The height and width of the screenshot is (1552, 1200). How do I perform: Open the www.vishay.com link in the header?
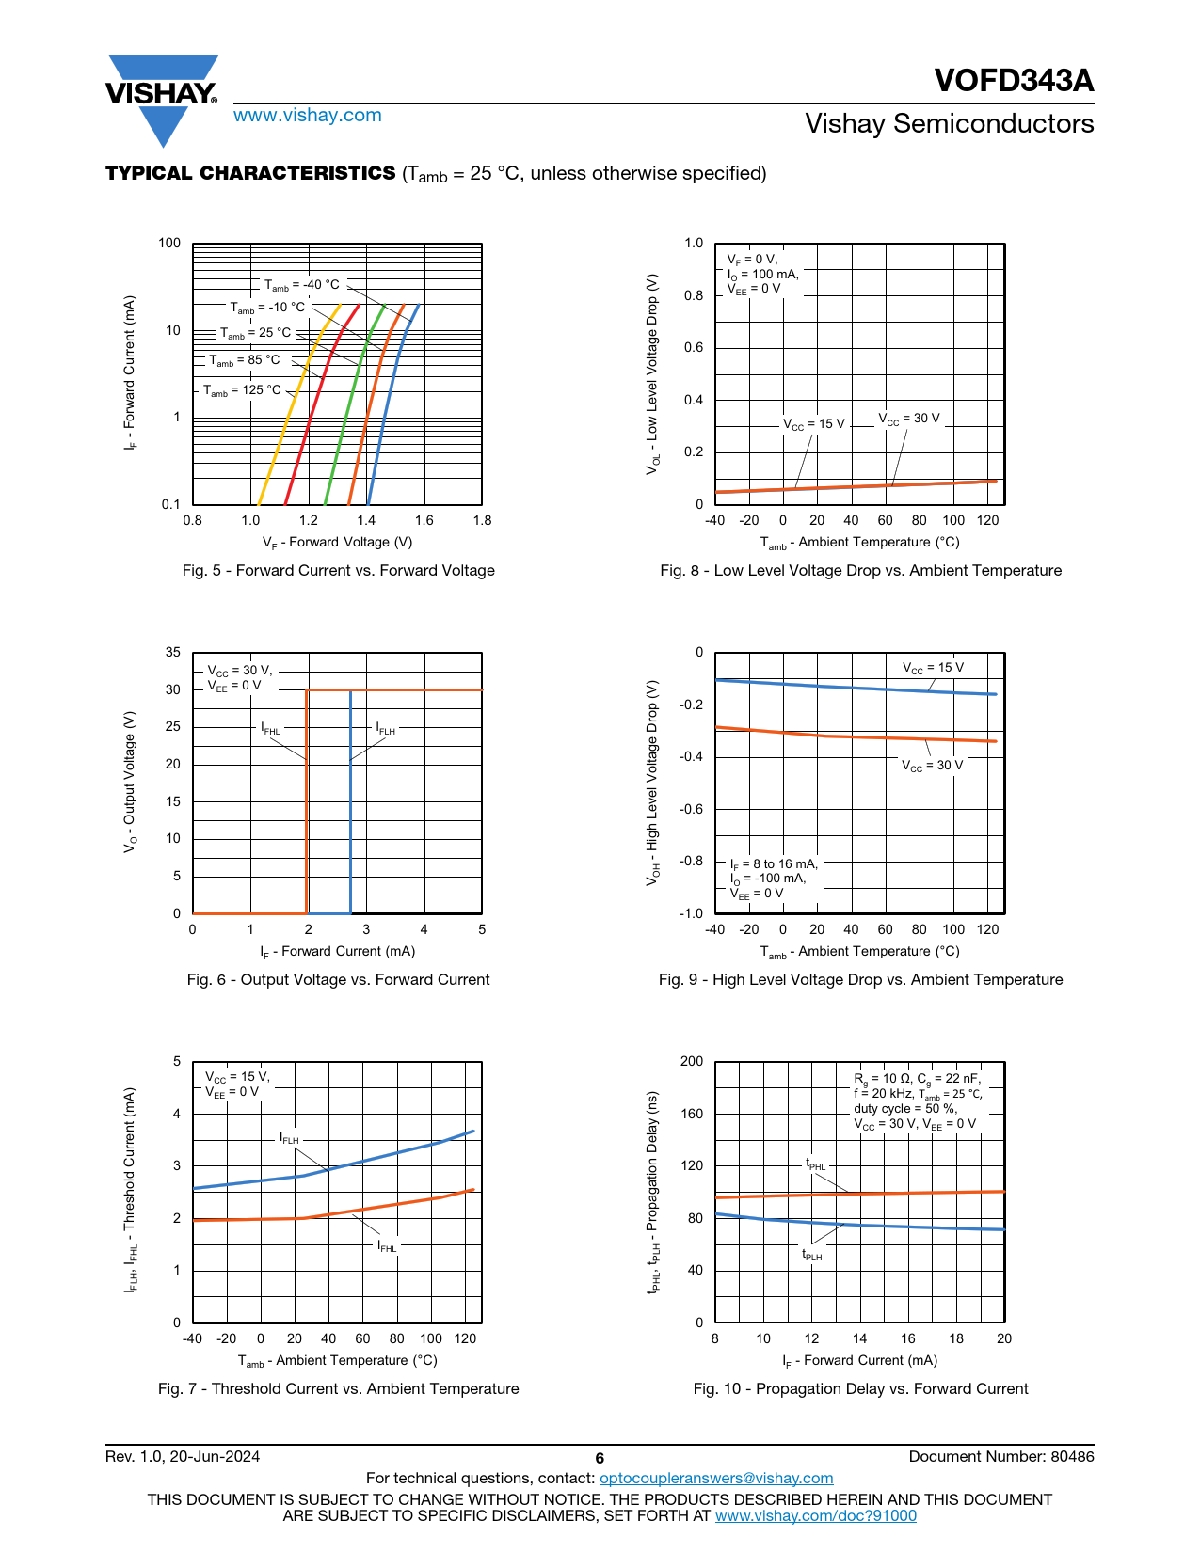point(307,116)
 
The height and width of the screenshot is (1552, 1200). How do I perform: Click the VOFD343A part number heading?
point(1014,81)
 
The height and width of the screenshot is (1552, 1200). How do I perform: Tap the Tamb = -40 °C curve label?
point(301,285)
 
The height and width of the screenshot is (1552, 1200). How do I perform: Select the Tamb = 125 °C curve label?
point(242,390)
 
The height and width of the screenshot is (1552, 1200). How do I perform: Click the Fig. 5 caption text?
point(338,571)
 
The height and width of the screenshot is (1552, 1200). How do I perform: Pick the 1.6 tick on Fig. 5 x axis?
point(424,520)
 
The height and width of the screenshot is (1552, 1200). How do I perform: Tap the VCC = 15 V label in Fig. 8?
point(814,424)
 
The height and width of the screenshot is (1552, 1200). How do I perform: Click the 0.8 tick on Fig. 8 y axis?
point(694,295)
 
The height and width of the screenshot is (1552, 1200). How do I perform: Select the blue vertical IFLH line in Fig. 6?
point(351,828)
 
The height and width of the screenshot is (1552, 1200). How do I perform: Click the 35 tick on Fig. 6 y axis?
point(173,652)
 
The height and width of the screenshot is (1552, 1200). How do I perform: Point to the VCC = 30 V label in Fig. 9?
point(932,766)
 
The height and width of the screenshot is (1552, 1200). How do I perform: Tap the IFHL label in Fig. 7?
point(387,1246)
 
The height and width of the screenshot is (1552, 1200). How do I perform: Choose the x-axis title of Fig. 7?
point(338,1361)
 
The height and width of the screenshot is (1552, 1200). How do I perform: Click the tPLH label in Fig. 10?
point(811,1255)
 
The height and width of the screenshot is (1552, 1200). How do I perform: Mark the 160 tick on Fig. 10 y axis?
point(692,1114)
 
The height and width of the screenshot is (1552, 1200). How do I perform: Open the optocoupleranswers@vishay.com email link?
point(716,1479)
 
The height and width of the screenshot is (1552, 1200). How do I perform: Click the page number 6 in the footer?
point(600,1458)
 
